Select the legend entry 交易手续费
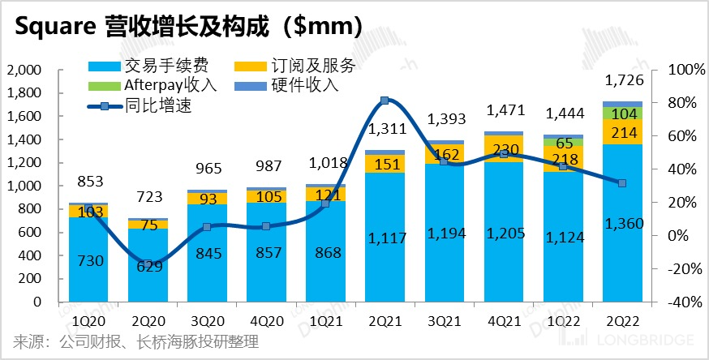155,66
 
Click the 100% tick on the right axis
683,70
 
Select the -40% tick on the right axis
683,302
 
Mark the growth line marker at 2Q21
385,101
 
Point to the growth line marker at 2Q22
622,183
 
